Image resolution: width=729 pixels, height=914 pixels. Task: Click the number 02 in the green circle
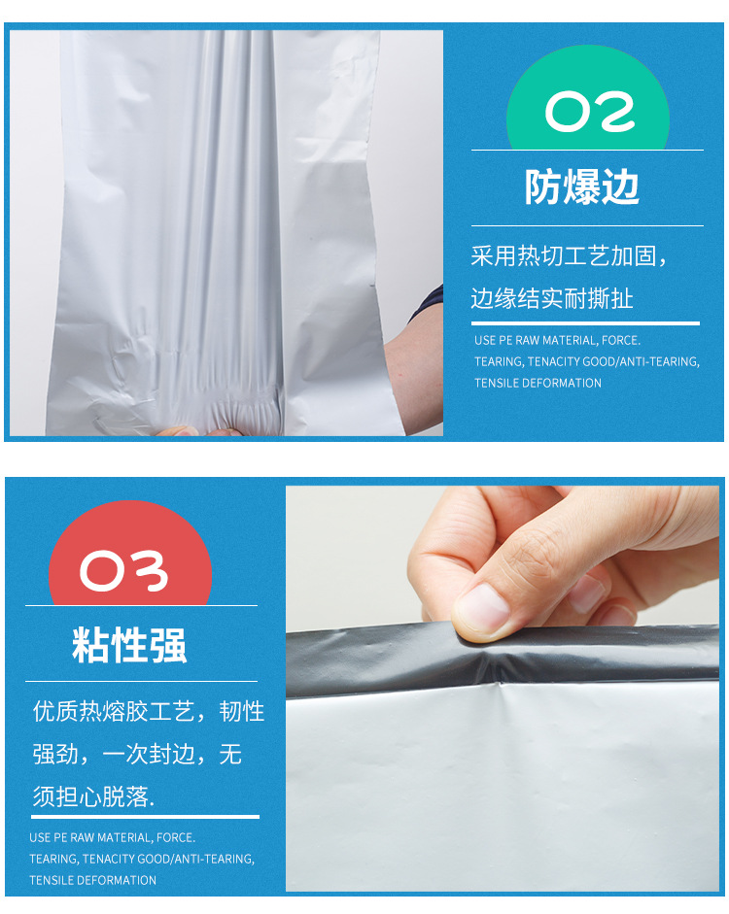(590, 111)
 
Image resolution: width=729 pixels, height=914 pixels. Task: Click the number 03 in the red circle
(123, 570)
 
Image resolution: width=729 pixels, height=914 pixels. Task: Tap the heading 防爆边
(582, 187)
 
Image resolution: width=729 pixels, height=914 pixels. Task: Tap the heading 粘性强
(129, 645)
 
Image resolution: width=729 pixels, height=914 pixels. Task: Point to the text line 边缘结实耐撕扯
(552, 298)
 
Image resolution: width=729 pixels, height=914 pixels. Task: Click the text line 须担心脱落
(93, 796)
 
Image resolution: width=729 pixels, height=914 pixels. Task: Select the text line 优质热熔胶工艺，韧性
(149, 712)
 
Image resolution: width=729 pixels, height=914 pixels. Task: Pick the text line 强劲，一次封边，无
(137, 755)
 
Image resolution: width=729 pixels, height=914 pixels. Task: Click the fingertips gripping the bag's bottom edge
(198, 431)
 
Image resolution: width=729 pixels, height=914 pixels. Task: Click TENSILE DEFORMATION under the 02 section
(538, 383)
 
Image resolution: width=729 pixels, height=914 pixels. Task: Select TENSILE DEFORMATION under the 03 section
(92, 880)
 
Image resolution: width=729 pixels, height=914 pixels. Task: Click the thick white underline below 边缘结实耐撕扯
(585, 322)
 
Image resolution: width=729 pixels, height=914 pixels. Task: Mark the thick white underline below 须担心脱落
(146, 817)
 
